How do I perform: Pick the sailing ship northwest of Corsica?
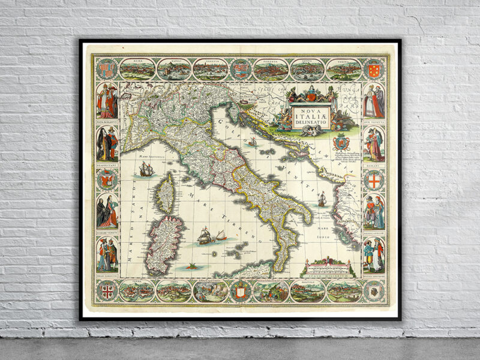point(146,170)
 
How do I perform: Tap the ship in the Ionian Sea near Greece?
point(322,199)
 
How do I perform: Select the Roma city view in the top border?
point(137,69)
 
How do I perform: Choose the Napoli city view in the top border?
point(174,70)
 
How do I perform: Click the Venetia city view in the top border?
point(210,70)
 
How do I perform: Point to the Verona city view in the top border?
point(344,70)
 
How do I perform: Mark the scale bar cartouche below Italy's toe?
point(328,267)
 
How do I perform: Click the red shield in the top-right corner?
point(374,68)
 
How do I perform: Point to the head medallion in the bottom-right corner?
point(374,291)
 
